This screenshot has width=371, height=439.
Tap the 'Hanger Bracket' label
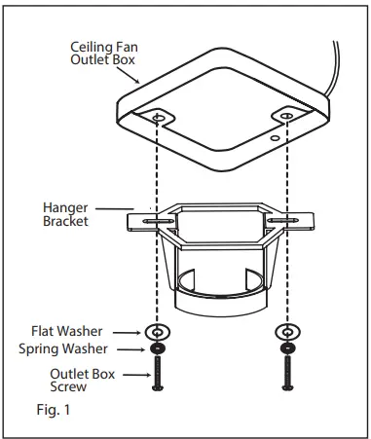click(65, 214)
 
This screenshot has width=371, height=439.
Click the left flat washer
click(155, 332)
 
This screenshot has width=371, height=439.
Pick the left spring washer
click(155, 348)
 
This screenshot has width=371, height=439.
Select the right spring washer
click(287, 348)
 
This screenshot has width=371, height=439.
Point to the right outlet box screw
click(287, 373)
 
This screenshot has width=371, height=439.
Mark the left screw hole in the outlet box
click(158, 119)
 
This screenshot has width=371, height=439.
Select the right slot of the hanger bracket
click(287, 220)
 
